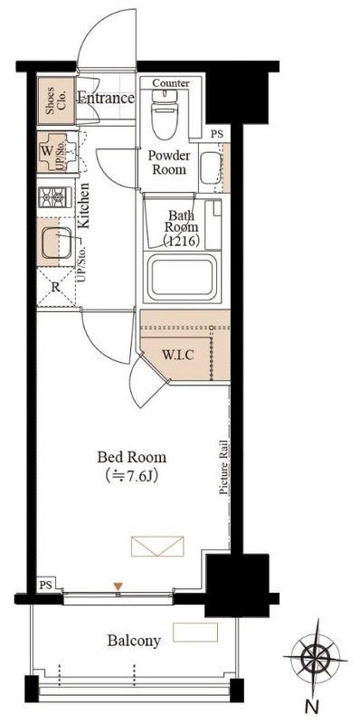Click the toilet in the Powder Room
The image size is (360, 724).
point(164,114)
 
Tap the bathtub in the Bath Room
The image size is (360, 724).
point(183,277)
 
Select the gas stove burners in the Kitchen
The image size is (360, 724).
point(54,197)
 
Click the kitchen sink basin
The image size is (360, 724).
point(56,243)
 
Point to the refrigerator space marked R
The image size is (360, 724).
point(55,287)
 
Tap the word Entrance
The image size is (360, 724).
point(106,98)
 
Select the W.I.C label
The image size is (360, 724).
point(177,355)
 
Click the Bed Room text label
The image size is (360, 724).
point(131,457)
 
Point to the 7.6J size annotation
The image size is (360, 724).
point(131,475)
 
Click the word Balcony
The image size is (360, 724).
point(134,641)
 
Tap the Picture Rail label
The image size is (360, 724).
point(223,467)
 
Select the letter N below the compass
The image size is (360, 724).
point(312,707)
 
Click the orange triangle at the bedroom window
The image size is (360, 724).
point(118,586)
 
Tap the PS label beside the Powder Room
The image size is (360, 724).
point(216,135)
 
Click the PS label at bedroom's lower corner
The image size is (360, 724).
point(45,586)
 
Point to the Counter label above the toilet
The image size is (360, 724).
point(171,83)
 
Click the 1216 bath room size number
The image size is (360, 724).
point(182,241)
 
